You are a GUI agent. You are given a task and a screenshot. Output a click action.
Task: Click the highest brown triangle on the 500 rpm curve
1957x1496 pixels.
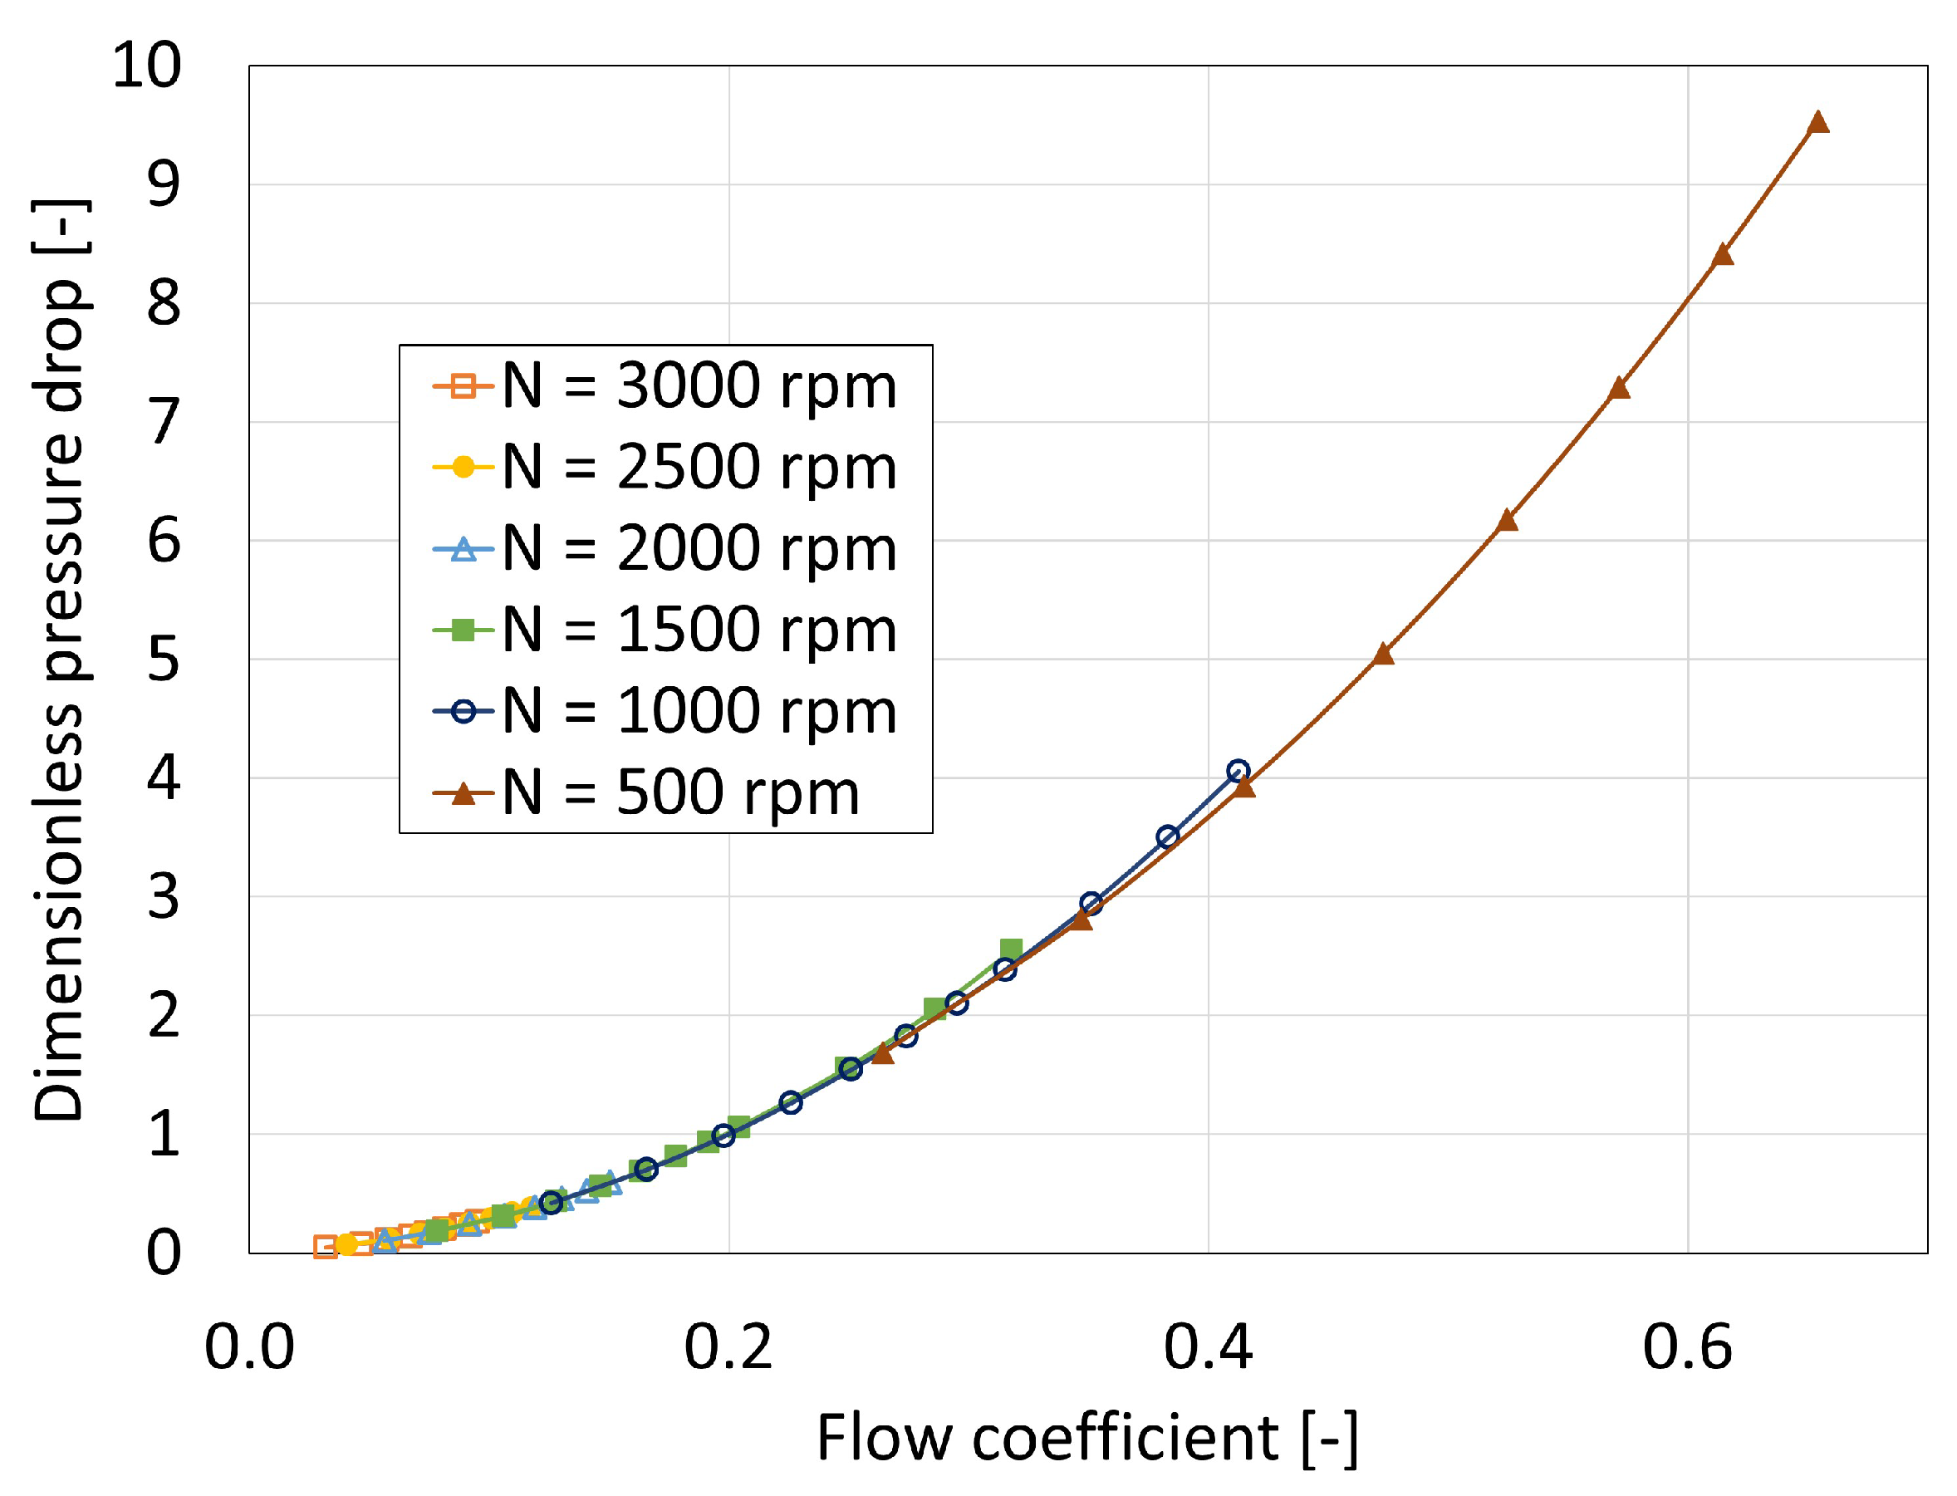tap(1817, 123)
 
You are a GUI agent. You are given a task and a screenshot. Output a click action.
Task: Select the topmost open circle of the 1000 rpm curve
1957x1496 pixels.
tap(1238, 771)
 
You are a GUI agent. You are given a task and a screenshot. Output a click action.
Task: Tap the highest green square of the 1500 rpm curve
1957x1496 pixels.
tap(1011, 949)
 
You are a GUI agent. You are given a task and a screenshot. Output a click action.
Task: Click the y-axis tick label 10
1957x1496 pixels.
tap(147, 65)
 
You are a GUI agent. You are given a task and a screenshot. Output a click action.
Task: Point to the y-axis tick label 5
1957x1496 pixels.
tap(164, 660)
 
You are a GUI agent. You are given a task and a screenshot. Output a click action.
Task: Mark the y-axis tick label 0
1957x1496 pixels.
tap(164, 1253)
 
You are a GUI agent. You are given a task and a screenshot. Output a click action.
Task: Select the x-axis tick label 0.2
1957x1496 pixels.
tap(728, 1347)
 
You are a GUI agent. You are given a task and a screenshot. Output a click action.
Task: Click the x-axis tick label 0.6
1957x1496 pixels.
tap(1687, 1347)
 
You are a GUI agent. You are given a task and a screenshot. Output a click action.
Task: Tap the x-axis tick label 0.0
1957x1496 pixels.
tap(249, 1347)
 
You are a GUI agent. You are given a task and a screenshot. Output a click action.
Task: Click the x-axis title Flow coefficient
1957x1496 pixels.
tap(1086, 1438)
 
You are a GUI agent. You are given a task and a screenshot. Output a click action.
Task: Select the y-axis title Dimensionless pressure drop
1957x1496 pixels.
tap(61, 659)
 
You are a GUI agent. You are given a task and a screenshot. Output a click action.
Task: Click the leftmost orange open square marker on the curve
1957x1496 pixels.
tap(326, 1248)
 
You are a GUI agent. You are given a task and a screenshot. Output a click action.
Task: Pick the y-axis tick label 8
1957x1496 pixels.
tap(164, 304)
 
